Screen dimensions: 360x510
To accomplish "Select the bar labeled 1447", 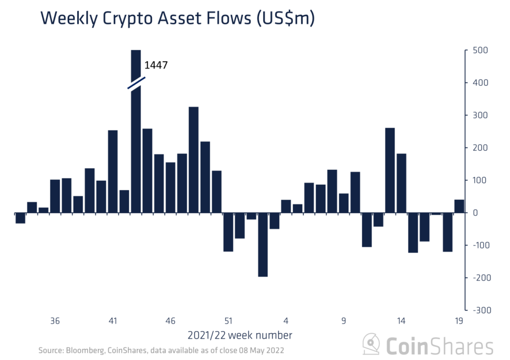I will [135, 149].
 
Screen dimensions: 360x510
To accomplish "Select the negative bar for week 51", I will [228, 232].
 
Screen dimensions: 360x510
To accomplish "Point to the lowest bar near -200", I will [262, 244].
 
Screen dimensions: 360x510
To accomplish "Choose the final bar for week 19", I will [459, 206].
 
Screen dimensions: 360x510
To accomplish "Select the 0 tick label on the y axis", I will [475, 213].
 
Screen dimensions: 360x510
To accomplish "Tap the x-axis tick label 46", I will [170, 321].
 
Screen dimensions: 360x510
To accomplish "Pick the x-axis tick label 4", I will [286, 321].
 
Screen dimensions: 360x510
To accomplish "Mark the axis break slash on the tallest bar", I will [136, 83].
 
